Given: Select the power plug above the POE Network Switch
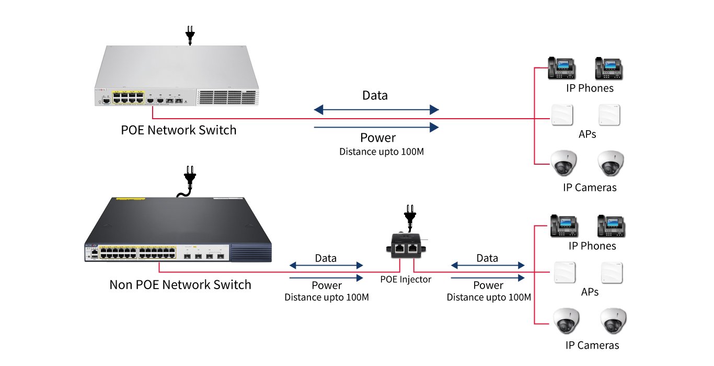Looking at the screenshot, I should pos(190,35).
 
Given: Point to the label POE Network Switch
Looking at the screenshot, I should pos(179,130).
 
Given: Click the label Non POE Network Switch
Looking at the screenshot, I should pos(180,284).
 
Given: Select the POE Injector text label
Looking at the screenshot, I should pos(406,279).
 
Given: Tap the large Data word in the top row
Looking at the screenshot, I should pos(375,95).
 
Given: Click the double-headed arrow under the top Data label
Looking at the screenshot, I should pos(376,110).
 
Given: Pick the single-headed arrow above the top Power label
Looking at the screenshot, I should pos(376,126).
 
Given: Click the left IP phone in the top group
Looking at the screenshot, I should pos(561,68).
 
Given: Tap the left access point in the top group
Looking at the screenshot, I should pos(561,115).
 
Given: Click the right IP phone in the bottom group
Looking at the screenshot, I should pos(612,226).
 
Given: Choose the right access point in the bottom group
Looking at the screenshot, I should pos(612,272).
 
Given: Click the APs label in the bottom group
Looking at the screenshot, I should pos(590,292).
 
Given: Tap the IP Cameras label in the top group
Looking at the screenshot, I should pos(590,187).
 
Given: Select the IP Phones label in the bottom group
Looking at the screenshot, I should pos(592,246).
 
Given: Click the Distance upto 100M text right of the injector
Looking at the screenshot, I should pos(489,297).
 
